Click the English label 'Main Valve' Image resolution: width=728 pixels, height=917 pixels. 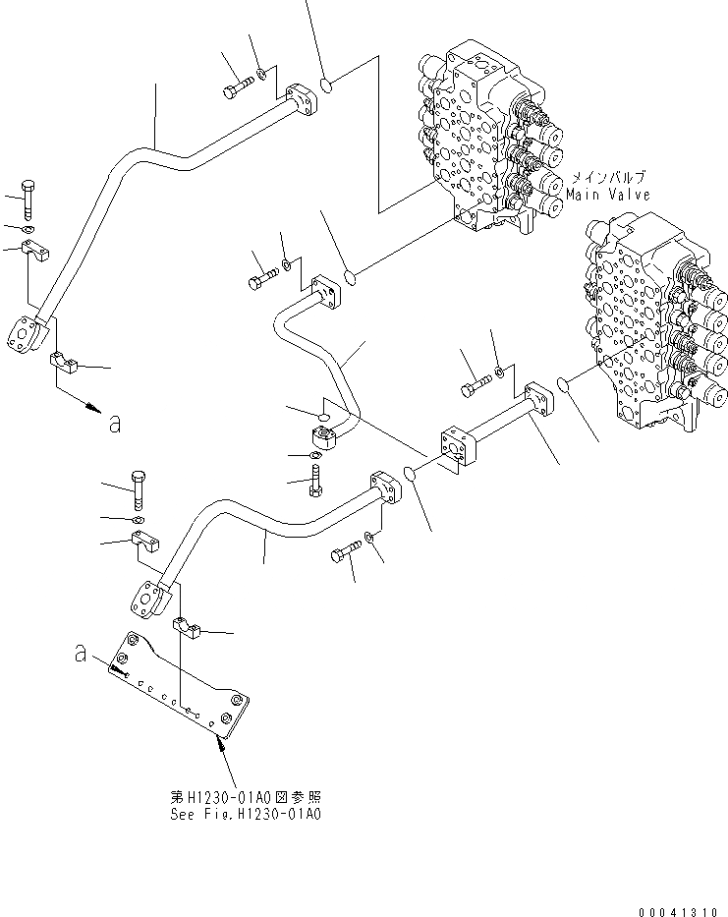(609, 195)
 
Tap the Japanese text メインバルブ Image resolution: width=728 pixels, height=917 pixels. (610, 179)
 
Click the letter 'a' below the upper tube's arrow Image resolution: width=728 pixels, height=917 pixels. (115, 424)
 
